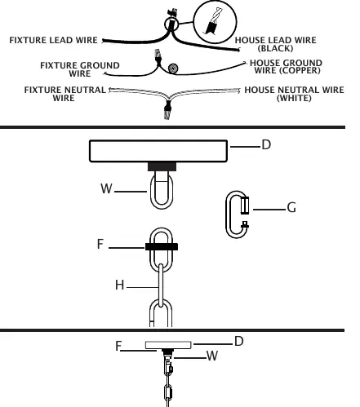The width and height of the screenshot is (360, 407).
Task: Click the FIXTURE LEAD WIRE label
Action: pyautogui.click(x=53, y=40)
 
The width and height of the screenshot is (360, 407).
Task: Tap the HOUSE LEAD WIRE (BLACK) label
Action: pyautogui.click(x=275, y=44)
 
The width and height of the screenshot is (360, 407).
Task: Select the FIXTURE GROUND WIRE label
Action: pyautogui.click(x=80, y=69)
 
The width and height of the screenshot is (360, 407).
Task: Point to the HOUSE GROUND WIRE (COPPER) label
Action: pyautogui.click(x=286, y=67)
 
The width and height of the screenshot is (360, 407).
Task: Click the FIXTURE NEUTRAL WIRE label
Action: pyautogui.click(x=64, y=94)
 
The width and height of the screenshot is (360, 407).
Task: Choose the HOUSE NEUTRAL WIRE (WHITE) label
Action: pyautogui.click(x=294, y=94)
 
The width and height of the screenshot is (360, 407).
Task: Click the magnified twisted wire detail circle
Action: pyautogui.click(x=215, y=22)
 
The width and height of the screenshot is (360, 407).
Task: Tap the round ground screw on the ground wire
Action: pyautogui.click(x=173, y=69)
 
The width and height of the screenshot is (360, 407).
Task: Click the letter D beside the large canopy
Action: pyautogui.click(x=266, y=144)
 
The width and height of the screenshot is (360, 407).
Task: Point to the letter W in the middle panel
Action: pyautogui.click(x=106, y=188)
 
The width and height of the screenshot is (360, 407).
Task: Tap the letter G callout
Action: pyautogui.click(x=291, y=208)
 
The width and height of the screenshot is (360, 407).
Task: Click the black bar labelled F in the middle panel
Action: pyautogui.click(x=162, y=246)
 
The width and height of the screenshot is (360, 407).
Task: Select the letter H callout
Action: pyautogui.click(x=120, y=285)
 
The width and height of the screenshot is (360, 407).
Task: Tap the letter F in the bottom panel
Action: pyautogui.click(x=118, y=346)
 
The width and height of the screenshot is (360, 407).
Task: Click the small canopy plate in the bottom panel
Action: pyautogui.click(x=168, y=345)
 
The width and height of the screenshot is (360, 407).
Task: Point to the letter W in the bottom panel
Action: pyautogui.click(x=212, y=356)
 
